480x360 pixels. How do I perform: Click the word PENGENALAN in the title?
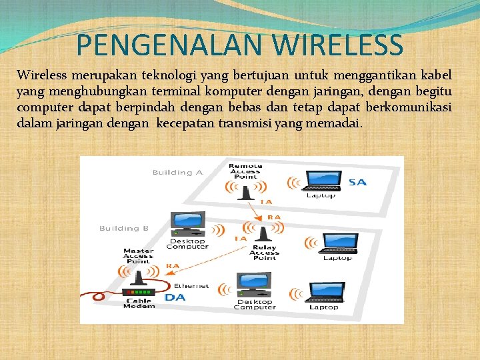[x=162, y=45]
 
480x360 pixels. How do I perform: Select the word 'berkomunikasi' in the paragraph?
[x=405, y=107]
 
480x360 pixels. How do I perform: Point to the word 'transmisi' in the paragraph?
[x=246, y=123]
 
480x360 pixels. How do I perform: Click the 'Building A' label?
[x=177, y=173]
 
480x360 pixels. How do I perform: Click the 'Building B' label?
[x=124, y=229]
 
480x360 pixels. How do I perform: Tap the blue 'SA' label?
[x=357, y=182]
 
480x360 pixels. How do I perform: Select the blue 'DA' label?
[x=175, y=297]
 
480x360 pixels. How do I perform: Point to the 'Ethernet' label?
[x=191, y=286]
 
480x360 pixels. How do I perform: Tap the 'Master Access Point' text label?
[x=139, y=257]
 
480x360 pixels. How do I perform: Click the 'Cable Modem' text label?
[x=139, y=303]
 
